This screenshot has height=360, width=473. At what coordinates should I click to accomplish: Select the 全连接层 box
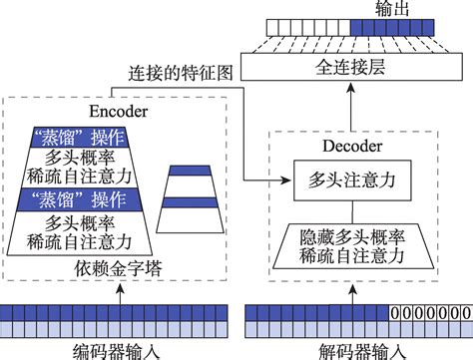[x=358, y=68]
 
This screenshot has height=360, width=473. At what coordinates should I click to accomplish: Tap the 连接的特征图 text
[x=184, y=74]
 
